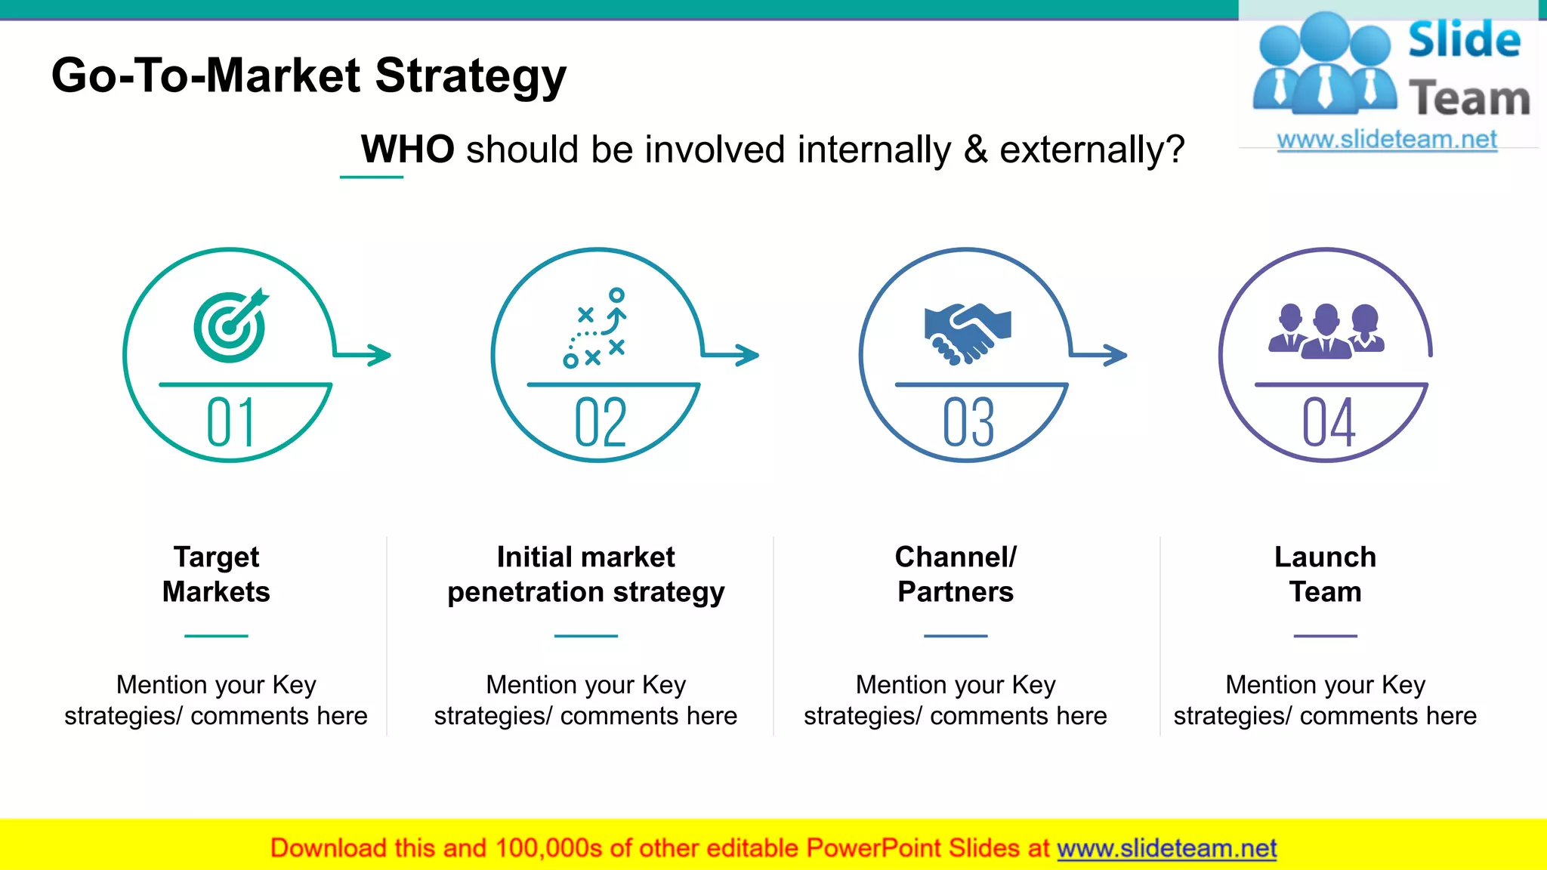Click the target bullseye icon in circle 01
pyautogui.click(x=229, y=327)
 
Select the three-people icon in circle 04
pyautogui.click(x=1326, y=331)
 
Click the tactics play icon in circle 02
pyautogui.click(x=597, y=329)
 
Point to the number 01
pyautogui.click(x=231, y=423)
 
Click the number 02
pyautogui.click(x=601, y=423)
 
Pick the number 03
pyautogui.click(x=968, y=423)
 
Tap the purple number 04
pyautogui.click(x=1328, y=423)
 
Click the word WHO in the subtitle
pyautogui.click(x=408, y=149)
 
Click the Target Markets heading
pyautogui.click(x=216, y=574)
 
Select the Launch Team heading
pyautogui.click(x=1325, y=574)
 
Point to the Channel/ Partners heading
pyautogui.click(x=956, y=574)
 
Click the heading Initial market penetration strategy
pyautogui.click(x=585, y=574)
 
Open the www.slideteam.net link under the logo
pyautogui.click(x=1387, y=140)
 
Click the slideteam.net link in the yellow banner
pyautogui.click(x=1166, y=848)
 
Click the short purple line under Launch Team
pyautogui.click(x=1325, y=636)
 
